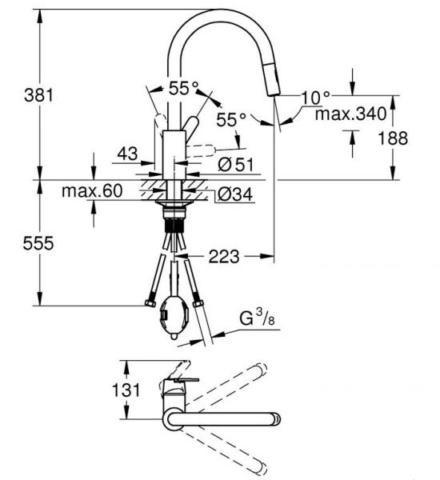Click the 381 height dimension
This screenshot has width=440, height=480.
38,95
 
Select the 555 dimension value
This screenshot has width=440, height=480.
38,243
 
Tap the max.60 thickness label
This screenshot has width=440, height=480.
92,190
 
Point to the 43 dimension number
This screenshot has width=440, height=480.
128,154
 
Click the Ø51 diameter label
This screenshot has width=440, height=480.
236,165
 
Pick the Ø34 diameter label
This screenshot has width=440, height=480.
235,194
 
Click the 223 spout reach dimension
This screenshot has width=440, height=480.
223,256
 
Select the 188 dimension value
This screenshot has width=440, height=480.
393,138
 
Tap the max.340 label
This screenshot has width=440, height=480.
350,114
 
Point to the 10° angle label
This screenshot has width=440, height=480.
316,98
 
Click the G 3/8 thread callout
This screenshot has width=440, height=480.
258,318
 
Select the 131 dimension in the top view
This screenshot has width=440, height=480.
126,390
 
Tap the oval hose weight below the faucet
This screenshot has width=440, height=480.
174,318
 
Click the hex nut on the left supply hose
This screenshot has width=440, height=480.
150,304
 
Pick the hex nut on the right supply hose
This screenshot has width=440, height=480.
198,304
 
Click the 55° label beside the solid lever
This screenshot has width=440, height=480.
231,119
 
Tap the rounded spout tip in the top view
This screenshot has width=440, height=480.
276,419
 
